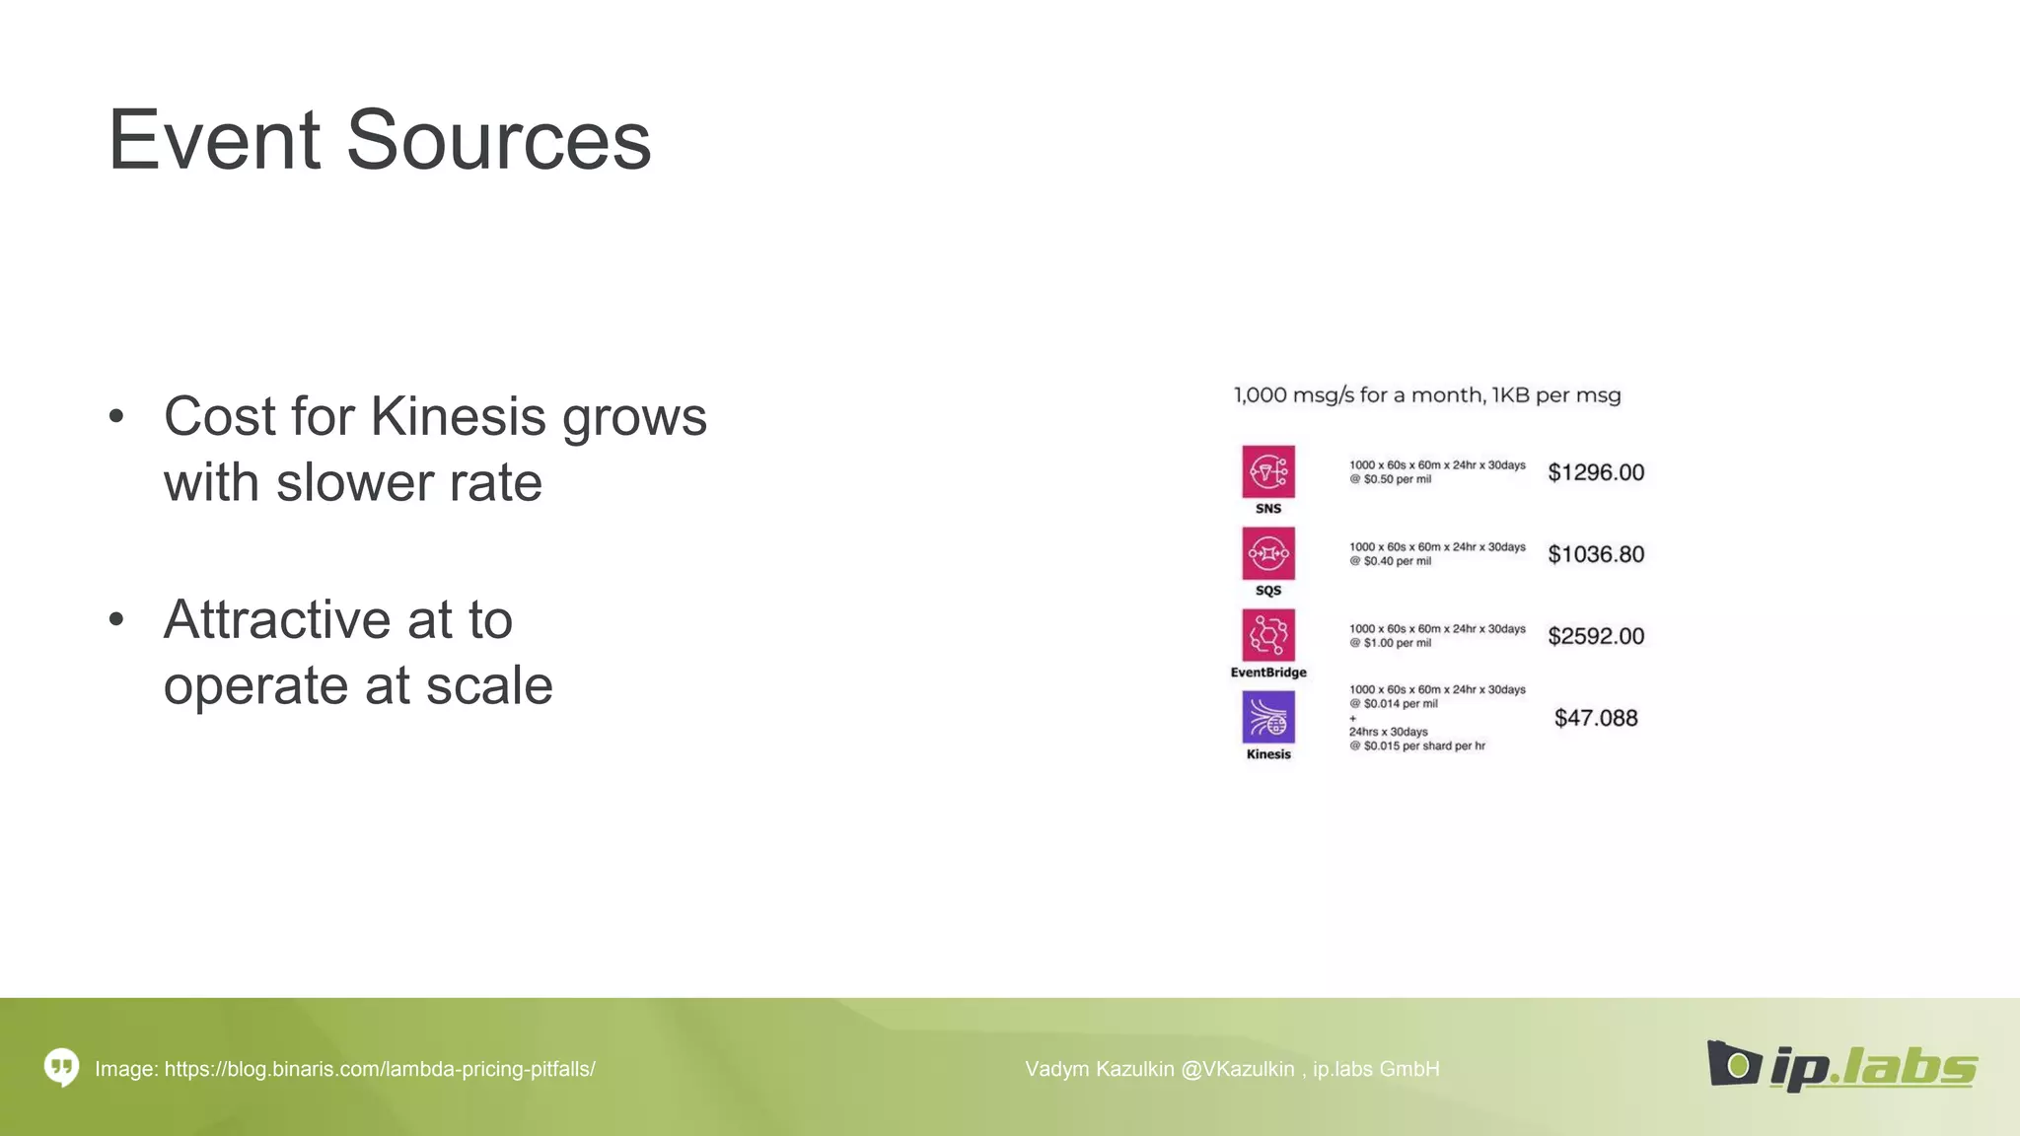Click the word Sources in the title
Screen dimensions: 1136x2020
pos(498,140)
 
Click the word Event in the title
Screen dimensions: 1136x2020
pos(214,140)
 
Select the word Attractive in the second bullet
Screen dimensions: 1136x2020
pos(277,619)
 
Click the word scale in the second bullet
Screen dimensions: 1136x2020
pos(488,685)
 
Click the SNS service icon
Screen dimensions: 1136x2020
pos(1268,471)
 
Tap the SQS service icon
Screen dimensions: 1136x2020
pos(1268,553)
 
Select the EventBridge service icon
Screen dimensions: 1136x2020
pos(1268,635)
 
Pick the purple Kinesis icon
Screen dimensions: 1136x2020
pos(1268,717)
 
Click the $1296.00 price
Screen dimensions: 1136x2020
pos(1596,472)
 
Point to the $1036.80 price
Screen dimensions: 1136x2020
pos(1596,554)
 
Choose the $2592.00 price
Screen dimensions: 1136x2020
pos(1596,636)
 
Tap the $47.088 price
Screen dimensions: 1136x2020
pos(1596,718)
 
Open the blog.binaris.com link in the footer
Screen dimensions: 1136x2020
pos(380,1069)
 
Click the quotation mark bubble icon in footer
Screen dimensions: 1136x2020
pos(61,1067)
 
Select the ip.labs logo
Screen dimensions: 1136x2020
pos(1841,1065)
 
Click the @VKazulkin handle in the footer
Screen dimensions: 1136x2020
pos(1237,1069)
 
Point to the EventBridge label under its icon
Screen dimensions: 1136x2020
pos(1268,673)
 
